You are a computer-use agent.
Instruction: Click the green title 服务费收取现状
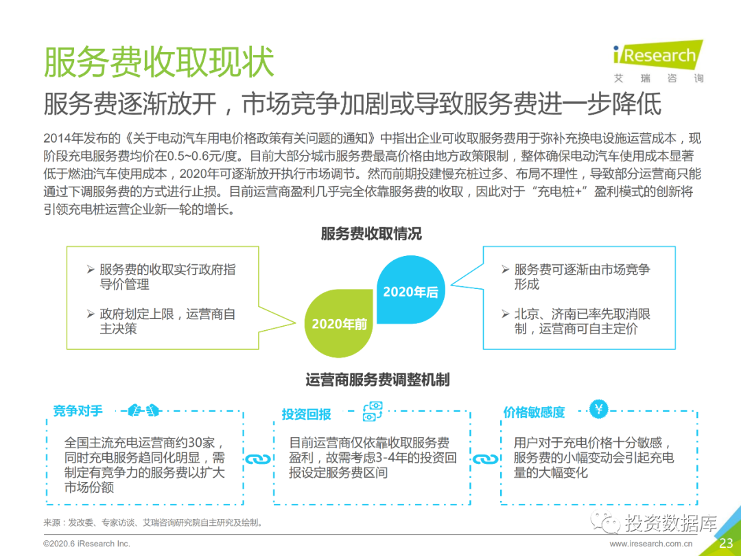tap(158, 62)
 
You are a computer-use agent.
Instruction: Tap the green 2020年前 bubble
tap(339, 323)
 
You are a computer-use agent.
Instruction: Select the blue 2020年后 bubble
tap(410, 291)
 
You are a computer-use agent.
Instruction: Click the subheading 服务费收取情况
tap(371, 233)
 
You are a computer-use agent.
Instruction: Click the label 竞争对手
tap(78, 410)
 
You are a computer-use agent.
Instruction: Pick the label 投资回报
tap(306, 414)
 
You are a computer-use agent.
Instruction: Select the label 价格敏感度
tap(534, 412)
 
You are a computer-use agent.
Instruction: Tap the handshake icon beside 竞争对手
tap(144, 410)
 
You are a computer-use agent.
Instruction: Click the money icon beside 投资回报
tap(372, 412)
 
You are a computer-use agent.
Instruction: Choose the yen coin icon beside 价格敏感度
tap(599, 410)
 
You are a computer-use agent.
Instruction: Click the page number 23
tap(726, 544)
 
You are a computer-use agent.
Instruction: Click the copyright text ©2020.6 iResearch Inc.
tap(86, 544)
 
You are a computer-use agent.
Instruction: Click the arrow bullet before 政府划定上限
tap(91, 314)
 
